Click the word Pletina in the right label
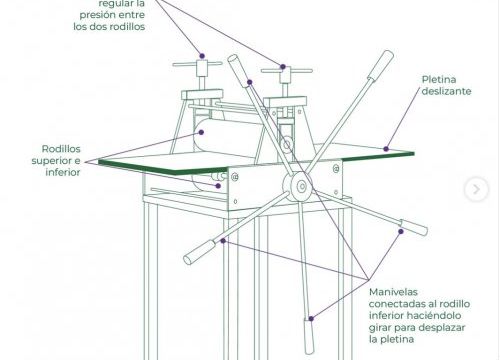[439, 80]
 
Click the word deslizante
[446, 91]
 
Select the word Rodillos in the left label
[61, 149]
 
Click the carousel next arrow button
[476, 189]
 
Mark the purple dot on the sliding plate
[386, 149]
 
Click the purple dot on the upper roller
[201, 132]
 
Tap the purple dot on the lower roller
[218, 186]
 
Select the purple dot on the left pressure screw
[202, 56]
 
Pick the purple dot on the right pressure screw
[283, 67]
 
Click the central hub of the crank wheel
[302, 186]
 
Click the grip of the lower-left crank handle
[201, 252]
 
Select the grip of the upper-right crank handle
[381, 65]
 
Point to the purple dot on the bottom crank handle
[311, 319]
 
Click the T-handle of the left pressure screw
[197, 64]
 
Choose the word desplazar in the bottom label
[442, 327]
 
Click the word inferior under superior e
[63, 172]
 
